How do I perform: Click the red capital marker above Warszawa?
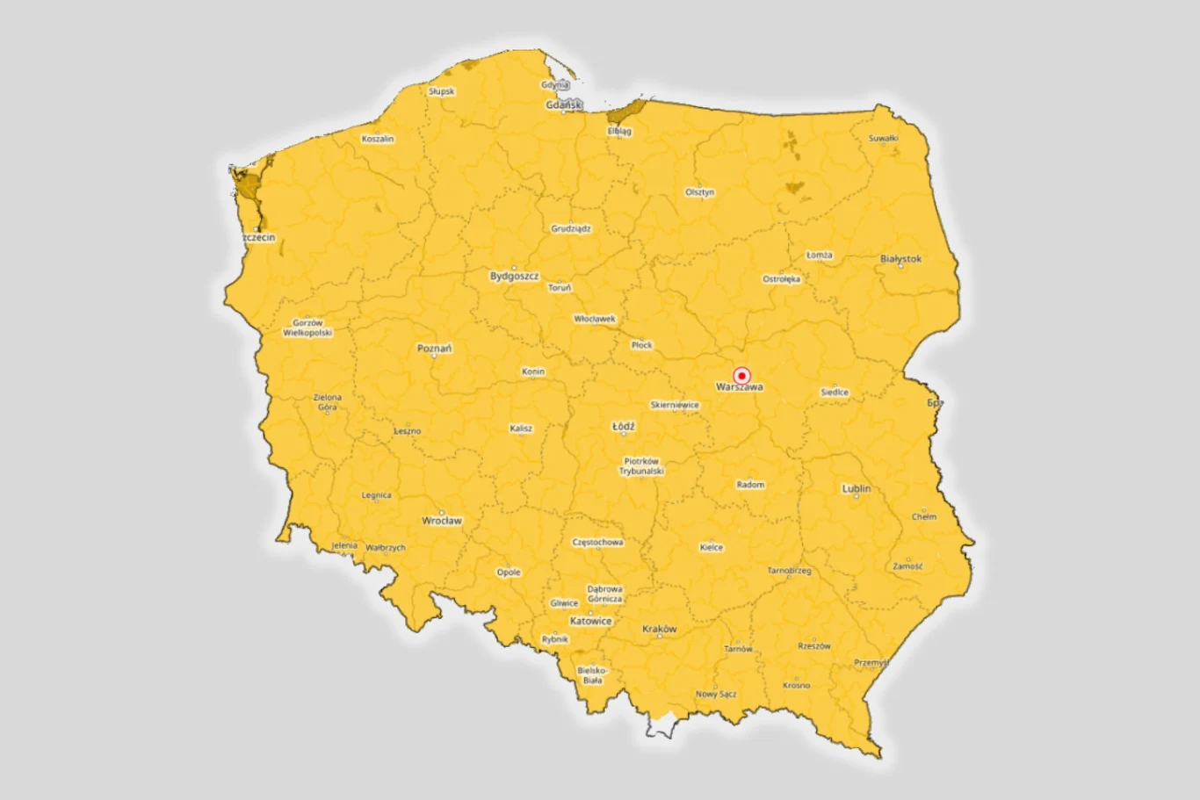click(741, 375)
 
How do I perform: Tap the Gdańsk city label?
click(563, 105)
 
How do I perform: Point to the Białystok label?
click(900, 259)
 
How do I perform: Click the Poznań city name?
click(434, 349)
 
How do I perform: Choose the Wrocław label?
click(441, 521)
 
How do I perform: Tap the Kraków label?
click(659, 629)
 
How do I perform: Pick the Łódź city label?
click(623, 427)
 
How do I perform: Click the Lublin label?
click(857, 488)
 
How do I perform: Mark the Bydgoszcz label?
click(514, 276)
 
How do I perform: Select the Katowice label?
click(590, 621)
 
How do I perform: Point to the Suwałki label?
click(883, 139)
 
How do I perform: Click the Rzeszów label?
click(813, 646)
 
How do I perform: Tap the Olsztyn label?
click(699, 192)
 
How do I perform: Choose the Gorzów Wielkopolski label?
click(307, 328)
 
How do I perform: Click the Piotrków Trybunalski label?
click(641, 466)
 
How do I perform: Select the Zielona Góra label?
click(328, 402)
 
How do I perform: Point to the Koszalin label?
click(378, 139)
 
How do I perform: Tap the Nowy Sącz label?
click(716, 694)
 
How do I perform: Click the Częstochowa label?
click(597, 543)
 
